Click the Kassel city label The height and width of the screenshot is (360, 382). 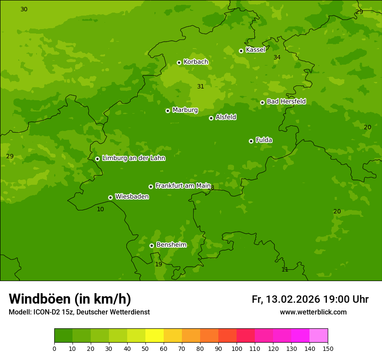click(x=255, y=50)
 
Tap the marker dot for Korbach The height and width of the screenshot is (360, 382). click(x=179, y=62)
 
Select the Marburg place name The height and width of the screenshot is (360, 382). click(x=185, y=110)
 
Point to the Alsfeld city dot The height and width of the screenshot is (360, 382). click(x=211, y=118)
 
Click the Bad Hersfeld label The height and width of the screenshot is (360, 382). click(x=286, y=101)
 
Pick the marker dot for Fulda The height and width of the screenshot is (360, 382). click(x=251, y=141)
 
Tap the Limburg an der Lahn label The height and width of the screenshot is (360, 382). click(x=133, y=158)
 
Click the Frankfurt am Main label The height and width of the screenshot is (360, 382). click(x=183, y=186)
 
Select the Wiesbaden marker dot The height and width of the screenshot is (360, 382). click(x=110, y=197)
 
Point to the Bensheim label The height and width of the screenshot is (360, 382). click(x=171, y=245)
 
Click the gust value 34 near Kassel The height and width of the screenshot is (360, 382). click(x=277, y=57)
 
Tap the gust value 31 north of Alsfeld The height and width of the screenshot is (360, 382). click(x=201, y=86)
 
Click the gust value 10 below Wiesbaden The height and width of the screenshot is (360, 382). click(x=100, y=209)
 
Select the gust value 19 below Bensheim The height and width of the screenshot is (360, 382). click(x=158, y=264)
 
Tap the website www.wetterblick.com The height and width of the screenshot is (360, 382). click(x=313, y=312)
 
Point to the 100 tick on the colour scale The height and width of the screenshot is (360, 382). click(x=237, y=348)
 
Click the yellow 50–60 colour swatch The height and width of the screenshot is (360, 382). click(x=155, y=335)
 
